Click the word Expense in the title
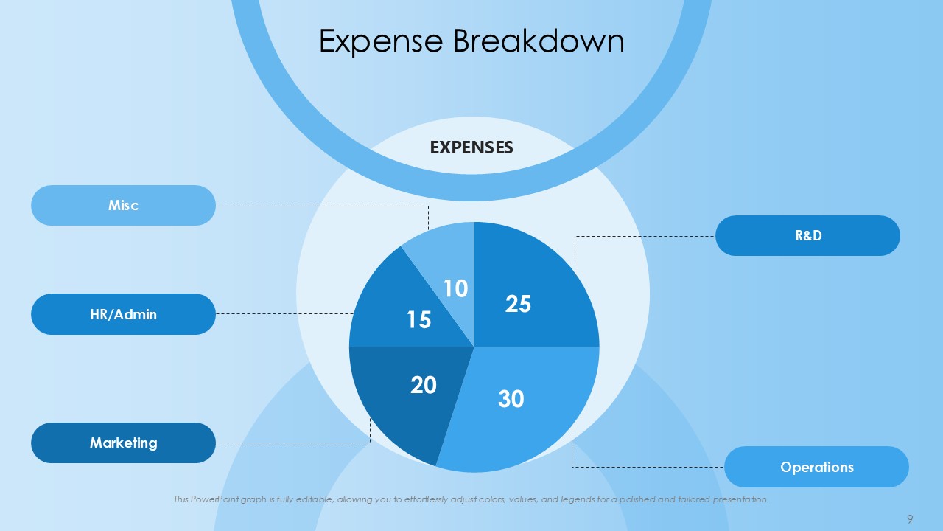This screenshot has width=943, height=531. tap(381, 42)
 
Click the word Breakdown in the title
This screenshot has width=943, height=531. tap(539, 41)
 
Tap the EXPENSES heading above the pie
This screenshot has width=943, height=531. tap(471, 147)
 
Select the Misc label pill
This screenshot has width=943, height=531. tap(123, 205)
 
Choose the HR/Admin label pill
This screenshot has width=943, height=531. tap(123, 314)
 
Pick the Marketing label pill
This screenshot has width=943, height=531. tap(123, 443)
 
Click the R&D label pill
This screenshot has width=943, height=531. tap(808, 235)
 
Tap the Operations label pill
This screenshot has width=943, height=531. tap(817, 467)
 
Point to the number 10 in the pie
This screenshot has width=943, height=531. tap(455, 288)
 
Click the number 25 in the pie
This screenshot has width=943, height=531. tap(518, 304)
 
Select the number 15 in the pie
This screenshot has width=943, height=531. tap(419, 319)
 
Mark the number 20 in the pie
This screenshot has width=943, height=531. tap(424, 385)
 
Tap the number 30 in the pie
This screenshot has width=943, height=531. tap(511, 399)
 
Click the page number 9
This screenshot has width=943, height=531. tap(910, 518)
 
